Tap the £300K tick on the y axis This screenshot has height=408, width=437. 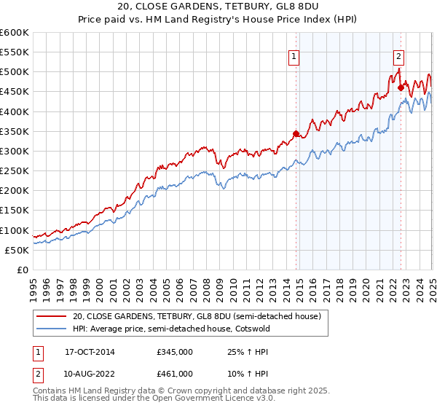pos(15,151)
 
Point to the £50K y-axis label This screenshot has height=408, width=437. pos(17,250)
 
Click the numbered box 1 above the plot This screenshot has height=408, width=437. pos(294,56)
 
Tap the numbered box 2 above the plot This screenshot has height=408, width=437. pos(399,56)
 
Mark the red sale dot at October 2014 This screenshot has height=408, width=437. pos(296,133)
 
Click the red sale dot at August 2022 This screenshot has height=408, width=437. pos(401,87)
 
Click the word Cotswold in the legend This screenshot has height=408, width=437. pos(269,329)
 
